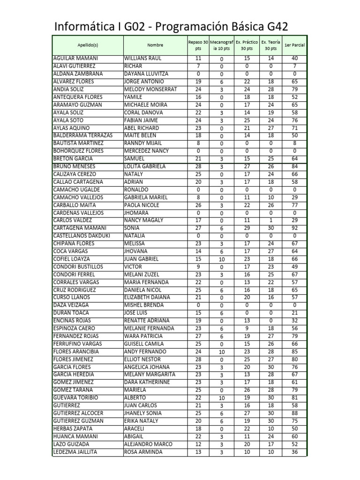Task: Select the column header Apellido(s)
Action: coord(88,45)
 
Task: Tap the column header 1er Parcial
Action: coord(294,45)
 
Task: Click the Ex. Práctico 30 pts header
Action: coord(246,45)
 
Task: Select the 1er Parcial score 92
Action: coord(294,228)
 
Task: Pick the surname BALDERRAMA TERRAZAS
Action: coord(83,135)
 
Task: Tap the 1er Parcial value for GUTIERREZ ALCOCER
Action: coord(294,413)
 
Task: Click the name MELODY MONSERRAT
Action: coord(150,89)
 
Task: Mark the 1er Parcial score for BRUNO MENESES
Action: coord(294,166)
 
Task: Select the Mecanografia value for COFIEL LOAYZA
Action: coord(222,259)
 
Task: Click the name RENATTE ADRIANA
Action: coord(147,321)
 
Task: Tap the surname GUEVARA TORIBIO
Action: coord(76,398)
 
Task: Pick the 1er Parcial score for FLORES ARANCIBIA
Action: coord(294,352)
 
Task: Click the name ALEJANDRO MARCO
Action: coord(148,444)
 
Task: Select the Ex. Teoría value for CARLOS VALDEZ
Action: coord(270,220)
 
